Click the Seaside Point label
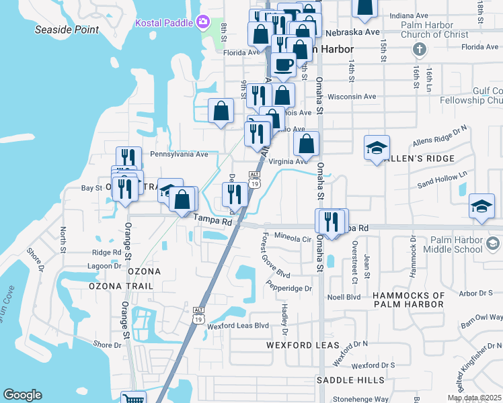pos(67,30)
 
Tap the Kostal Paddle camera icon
pos(202,23)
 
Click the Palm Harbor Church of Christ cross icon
pos(420,50)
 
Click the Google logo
pos(22,395)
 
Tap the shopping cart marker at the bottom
pos(134,399)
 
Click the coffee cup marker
pos(284,64)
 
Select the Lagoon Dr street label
pos(108,265)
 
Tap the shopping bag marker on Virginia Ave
pos(307,143)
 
